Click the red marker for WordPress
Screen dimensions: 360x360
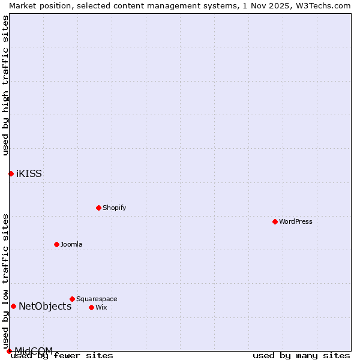point(275,221)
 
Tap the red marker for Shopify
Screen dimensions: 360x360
point(98,208)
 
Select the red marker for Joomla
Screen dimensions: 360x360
point(56,244)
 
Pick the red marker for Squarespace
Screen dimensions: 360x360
point(72,299)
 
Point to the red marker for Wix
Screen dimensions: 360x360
point(91,307)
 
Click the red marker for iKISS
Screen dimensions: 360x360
point(11,173)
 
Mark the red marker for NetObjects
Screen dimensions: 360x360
point(13,306)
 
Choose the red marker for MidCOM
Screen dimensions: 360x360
point(9,351)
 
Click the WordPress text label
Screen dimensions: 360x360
point(296,221)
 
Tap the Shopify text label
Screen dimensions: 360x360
point(114,208)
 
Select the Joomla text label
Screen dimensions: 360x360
point(71,244)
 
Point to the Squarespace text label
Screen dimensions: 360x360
point(97,299)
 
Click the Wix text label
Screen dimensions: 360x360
point(101,307)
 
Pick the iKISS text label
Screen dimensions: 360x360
point(29,174)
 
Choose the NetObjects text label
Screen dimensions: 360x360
point(45,307)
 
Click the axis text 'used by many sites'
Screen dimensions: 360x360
point(301,356)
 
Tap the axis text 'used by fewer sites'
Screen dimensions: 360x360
point(62,356)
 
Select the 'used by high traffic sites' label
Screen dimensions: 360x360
point(5,85)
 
